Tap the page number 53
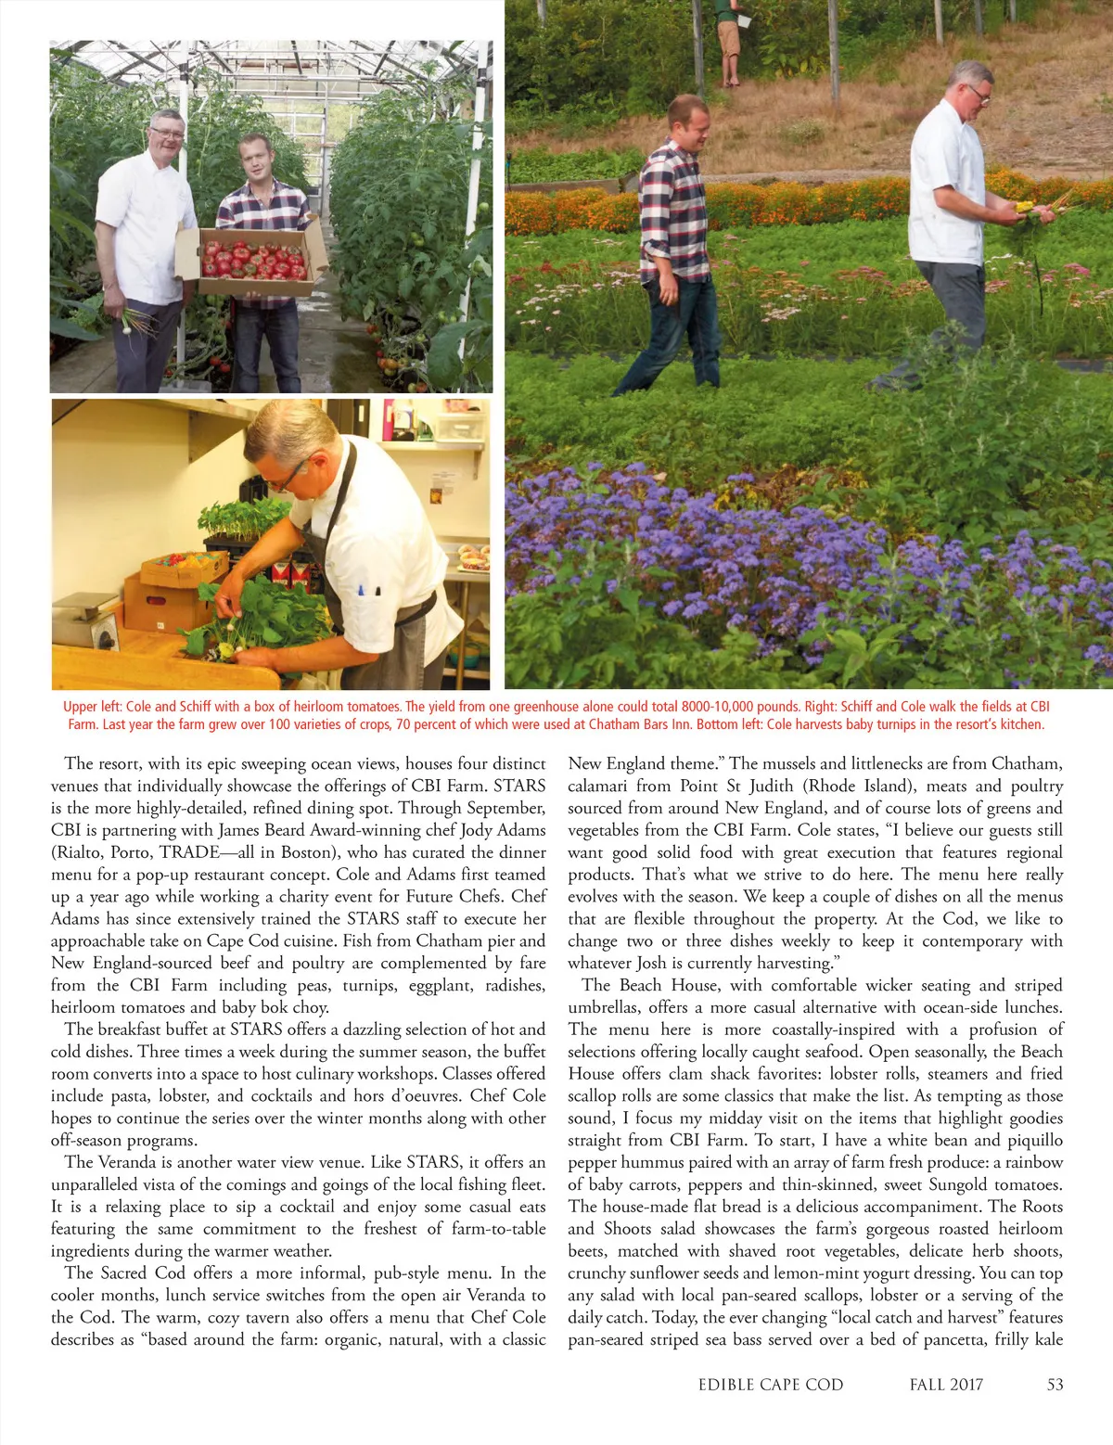(1055, 1385)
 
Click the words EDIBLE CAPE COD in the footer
(771, 1385)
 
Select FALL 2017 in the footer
(946, 1385)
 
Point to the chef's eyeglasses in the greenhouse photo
(167, 134)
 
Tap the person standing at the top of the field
(729, 37)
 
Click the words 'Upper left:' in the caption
(92, 707)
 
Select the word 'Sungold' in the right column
(957, 1184)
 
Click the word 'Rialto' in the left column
(81, 852)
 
